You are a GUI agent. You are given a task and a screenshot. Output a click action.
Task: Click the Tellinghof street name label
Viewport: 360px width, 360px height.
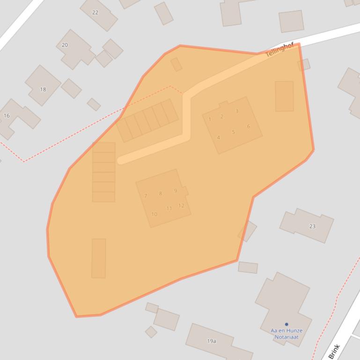(x=279, y=50)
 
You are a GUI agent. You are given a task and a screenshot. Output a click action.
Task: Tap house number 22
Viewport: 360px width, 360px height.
(x=96, y=12)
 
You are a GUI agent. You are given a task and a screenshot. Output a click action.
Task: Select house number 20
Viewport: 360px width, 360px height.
(x=65, y=45)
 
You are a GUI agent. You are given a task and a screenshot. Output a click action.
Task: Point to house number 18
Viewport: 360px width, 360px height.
(x=43, y=89)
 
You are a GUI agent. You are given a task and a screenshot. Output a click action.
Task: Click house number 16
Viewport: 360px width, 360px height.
(x=7, y=115)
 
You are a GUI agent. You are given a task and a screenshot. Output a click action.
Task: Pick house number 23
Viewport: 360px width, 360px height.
(x=312, y=226)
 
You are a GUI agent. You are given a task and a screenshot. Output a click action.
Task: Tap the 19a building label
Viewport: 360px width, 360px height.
(x=212, y=341)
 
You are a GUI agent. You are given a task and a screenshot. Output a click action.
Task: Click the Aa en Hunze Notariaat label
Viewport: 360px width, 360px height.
(x=287, y=333)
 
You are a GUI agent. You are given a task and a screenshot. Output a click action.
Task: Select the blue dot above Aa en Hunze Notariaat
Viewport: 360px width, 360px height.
(x=287, y=324)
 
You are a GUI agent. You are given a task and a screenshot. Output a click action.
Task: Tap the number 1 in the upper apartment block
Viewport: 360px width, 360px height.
(x=210, y=119)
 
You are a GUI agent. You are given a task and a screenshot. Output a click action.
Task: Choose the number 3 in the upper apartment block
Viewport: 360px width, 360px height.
(x=237, y=111)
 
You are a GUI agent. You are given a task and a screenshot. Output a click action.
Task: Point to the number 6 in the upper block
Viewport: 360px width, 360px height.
(x=248, y=126)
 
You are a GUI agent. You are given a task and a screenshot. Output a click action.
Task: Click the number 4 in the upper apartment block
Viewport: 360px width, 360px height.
(x=218, y=137)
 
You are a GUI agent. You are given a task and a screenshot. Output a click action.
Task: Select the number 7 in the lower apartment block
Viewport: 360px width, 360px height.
(x=146, y=196)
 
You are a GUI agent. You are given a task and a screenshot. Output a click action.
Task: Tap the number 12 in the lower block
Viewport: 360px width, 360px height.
(x=181, y=206)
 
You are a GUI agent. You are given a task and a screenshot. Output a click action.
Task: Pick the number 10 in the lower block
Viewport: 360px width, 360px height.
(x=154, y=215)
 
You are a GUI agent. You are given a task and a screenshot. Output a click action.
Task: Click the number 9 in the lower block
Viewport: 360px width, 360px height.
(x=176, y=191)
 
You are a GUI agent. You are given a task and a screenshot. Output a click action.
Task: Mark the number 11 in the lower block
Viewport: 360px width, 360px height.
(x=169, y=209)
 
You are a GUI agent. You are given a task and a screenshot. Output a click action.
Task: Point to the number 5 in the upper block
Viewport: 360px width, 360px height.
(x=234, y=132)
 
